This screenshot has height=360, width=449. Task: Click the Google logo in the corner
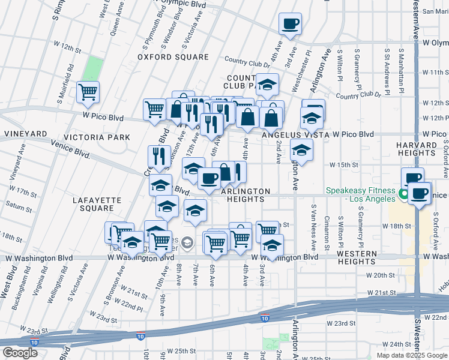pos(19,353)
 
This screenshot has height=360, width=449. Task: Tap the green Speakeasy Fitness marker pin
pos(402,193)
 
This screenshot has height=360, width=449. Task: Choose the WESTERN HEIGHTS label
pos(356,257)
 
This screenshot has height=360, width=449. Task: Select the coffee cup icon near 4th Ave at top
pos(290,24)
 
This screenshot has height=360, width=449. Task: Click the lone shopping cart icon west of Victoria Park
pos(88,92)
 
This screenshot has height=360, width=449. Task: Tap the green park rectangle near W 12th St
pos(91,68)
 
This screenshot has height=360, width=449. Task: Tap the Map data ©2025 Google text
pos(411,355)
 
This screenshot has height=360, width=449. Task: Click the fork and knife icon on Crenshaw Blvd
pos(159,155)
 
